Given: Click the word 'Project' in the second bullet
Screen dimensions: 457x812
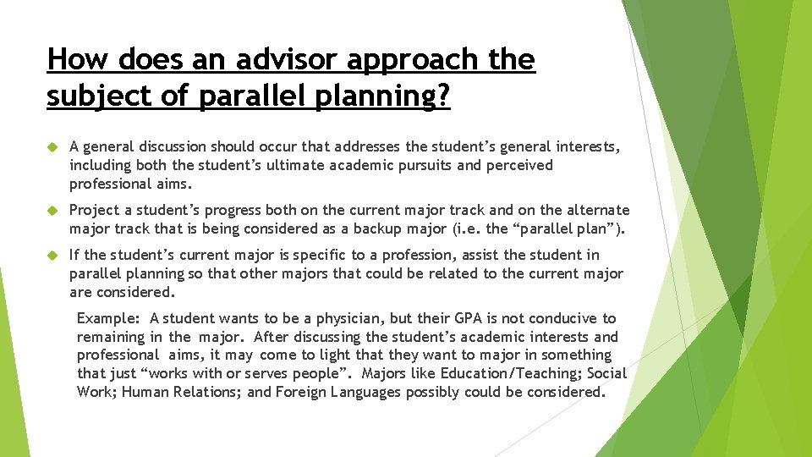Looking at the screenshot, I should click(x=94, y=210).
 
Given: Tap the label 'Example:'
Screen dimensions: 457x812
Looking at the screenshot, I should click(x=109, y=318).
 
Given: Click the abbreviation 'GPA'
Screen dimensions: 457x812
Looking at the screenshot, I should click(x=469, y=318).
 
